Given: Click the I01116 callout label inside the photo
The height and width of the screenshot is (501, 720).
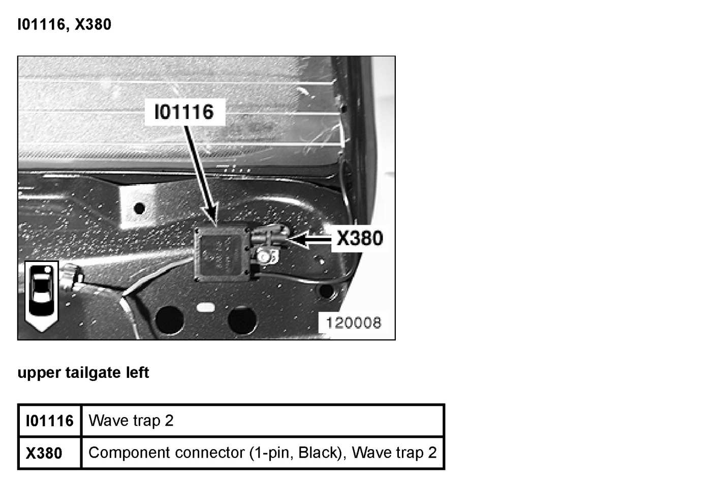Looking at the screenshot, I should coord(184,112).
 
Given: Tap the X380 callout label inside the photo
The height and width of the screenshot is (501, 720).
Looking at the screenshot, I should coord(360,238).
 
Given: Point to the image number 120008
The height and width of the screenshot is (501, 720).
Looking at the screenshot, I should coord(353,322).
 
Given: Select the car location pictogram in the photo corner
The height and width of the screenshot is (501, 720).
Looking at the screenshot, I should coord(41,295).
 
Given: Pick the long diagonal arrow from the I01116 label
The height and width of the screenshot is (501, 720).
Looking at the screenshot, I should coord(200,173).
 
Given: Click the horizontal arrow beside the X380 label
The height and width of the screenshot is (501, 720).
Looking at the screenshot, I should coord(310,239).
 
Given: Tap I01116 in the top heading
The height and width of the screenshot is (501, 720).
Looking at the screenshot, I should coord(41,24).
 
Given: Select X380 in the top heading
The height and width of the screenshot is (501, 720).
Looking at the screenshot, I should coord(93,24).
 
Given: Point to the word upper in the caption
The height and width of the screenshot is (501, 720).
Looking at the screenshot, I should coord(39,373).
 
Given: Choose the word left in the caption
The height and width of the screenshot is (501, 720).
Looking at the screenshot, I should coord(138,373).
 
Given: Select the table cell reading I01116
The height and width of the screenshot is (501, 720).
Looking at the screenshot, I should coord(50,421).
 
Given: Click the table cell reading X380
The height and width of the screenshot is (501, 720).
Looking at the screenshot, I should coord(44,453).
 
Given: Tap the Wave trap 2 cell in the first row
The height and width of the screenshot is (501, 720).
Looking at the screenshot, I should coord(131,421).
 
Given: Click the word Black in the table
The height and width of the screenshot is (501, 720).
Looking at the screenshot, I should coord(319,453).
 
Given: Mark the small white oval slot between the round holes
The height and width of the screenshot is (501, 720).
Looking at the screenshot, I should coord(205,308).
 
